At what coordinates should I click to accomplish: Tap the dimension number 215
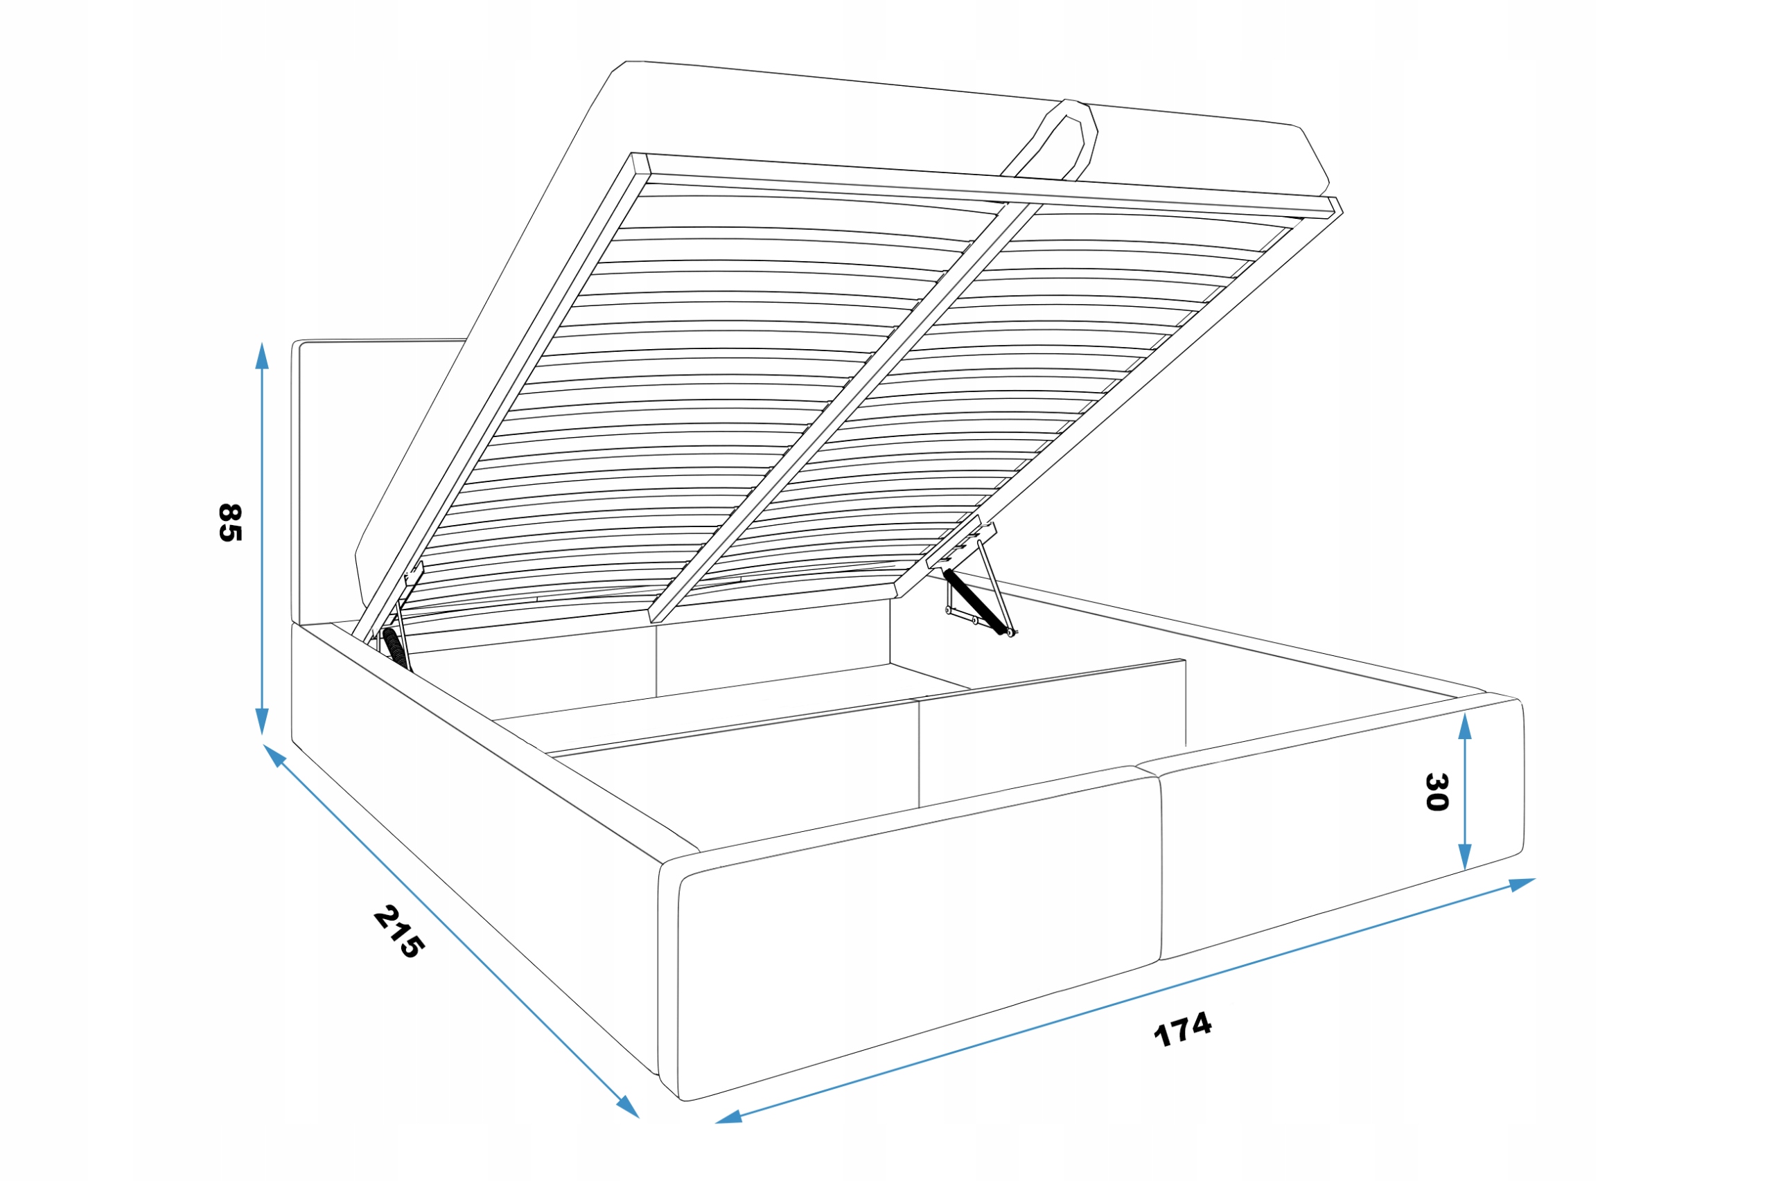click(x=398, y=932)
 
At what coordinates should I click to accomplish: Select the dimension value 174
click(x=1182, y=1028)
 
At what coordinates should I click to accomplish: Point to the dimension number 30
click(x=1437, y=792)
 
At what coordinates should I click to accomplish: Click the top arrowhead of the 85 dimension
click(x=262, y=355)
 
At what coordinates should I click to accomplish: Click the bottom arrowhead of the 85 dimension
click(x=262, y=721)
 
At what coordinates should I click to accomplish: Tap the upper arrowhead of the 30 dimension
click(x=1464, y=727)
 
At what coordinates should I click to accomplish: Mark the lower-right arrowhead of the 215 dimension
click(x=628, y=1107)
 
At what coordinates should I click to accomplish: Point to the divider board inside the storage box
click(x=866, y=723)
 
